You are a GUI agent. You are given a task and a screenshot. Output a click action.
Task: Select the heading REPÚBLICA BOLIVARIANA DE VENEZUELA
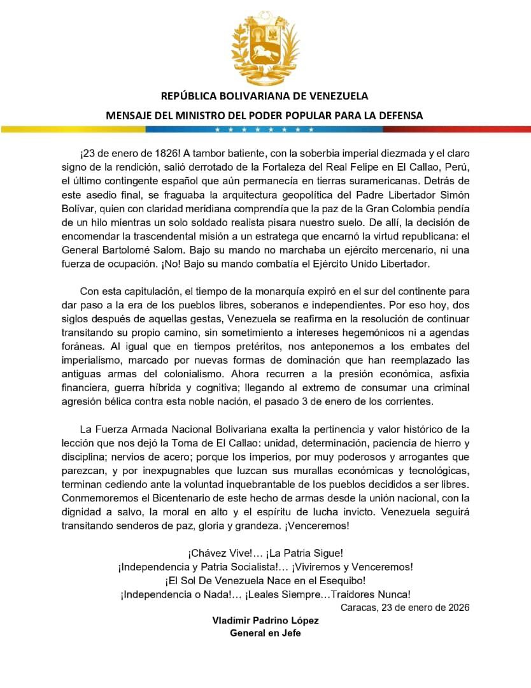click(264, 96)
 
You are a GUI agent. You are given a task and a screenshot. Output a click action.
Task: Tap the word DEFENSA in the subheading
click(398, 115)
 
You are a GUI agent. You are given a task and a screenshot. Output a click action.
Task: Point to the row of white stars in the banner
click(265, 129)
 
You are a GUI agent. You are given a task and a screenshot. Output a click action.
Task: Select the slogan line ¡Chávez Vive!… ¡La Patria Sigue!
click(265, 553)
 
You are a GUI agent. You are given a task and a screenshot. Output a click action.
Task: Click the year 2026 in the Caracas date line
click(457, 607)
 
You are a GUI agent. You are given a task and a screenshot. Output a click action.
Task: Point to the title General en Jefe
click(265, 633)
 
